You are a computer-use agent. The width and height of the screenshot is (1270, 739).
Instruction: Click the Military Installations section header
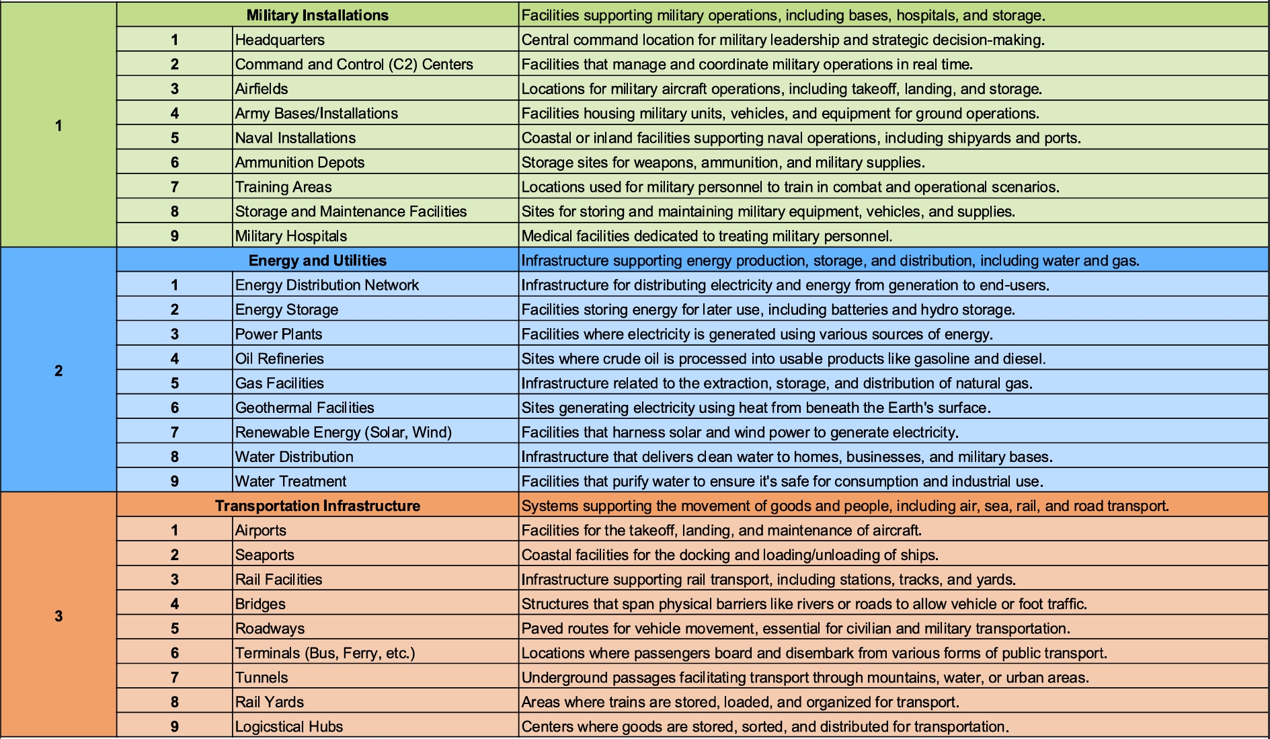[317, 15]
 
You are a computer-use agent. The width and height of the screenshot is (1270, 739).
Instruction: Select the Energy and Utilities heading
[317, 260]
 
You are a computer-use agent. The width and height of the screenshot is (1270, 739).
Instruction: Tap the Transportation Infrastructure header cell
[317, 506]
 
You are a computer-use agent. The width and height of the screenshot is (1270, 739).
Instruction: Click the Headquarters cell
[280, 40]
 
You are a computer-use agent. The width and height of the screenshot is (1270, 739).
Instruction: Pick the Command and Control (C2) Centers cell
[354, 64]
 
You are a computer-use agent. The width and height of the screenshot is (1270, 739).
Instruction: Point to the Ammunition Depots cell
[299, 162]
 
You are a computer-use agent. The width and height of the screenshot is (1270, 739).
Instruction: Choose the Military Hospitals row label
[290, 236]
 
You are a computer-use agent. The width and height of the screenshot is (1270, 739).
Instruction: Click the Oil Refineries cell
[279, 358]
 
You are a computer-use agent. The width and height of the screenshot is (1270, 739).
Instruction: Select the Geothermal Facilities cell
[304, 407]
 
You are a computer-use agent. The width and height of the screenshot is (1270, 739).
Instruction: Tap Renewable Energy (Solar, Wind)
[343, 432]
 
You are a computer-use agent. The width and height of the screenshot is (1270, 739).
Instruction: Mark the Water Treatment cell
[290, 481]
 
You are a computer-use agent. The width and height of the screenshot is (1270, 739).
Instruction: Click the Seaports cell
[264, 555]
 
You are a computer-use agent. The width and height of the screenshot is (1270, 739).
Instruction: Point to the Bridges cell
[260, 604]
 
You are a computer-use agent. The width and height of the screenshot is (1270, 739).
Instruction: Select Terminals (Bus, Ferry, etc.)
[325, 653]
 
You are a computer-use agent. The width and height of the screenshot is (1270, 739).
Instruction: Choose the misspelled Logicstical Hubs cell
[288, 726]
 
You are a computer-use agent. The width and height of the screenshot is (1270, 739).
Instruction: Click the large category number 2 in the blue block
[58, 371]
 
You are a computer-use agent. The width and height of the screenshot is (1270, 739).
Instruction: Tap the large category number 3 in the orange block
[58, 616]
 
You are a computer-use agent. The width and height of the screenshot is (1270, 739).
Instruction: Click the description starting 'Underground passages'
[805, 677]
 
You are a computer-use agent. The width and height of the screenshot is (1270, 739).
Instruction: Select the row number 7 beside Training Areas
[175, 187]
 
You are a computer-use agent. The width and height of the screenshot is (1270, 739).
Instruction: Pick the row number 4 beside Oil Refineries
[175, 358]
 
